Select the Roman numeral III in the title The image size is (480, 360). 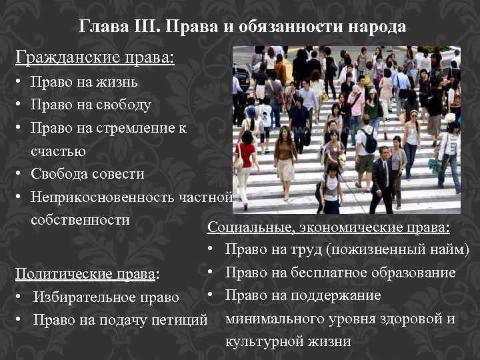[x=143, y=27]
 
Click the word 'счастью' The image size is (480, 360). [x=58, y=151]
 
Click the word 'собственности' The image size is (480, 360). [x=80, y=220]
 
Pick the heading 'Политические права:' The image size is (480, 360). [x=87, y=273]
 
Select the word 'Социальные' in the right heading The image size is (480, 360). [x=248, y=227]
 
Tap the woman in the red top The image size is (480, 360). [x=245, y=160]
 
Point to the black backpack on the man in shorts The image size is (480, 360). [x=369, y=141]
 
